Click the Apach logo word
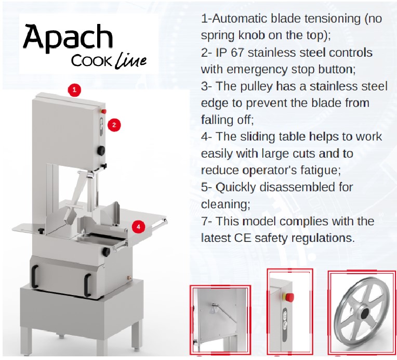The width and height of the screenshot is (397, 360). [x=68, y=38]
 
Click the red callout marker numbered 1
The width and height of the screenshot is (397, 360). [x=74, y=89]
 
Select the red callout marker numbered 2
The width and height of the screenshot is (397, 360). [x=114, y=124]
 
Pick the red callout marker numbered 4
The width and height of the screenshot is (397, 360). [x=138, y=226]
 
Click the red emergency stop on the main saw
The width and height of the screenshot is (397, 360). [x=104, y=111]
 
